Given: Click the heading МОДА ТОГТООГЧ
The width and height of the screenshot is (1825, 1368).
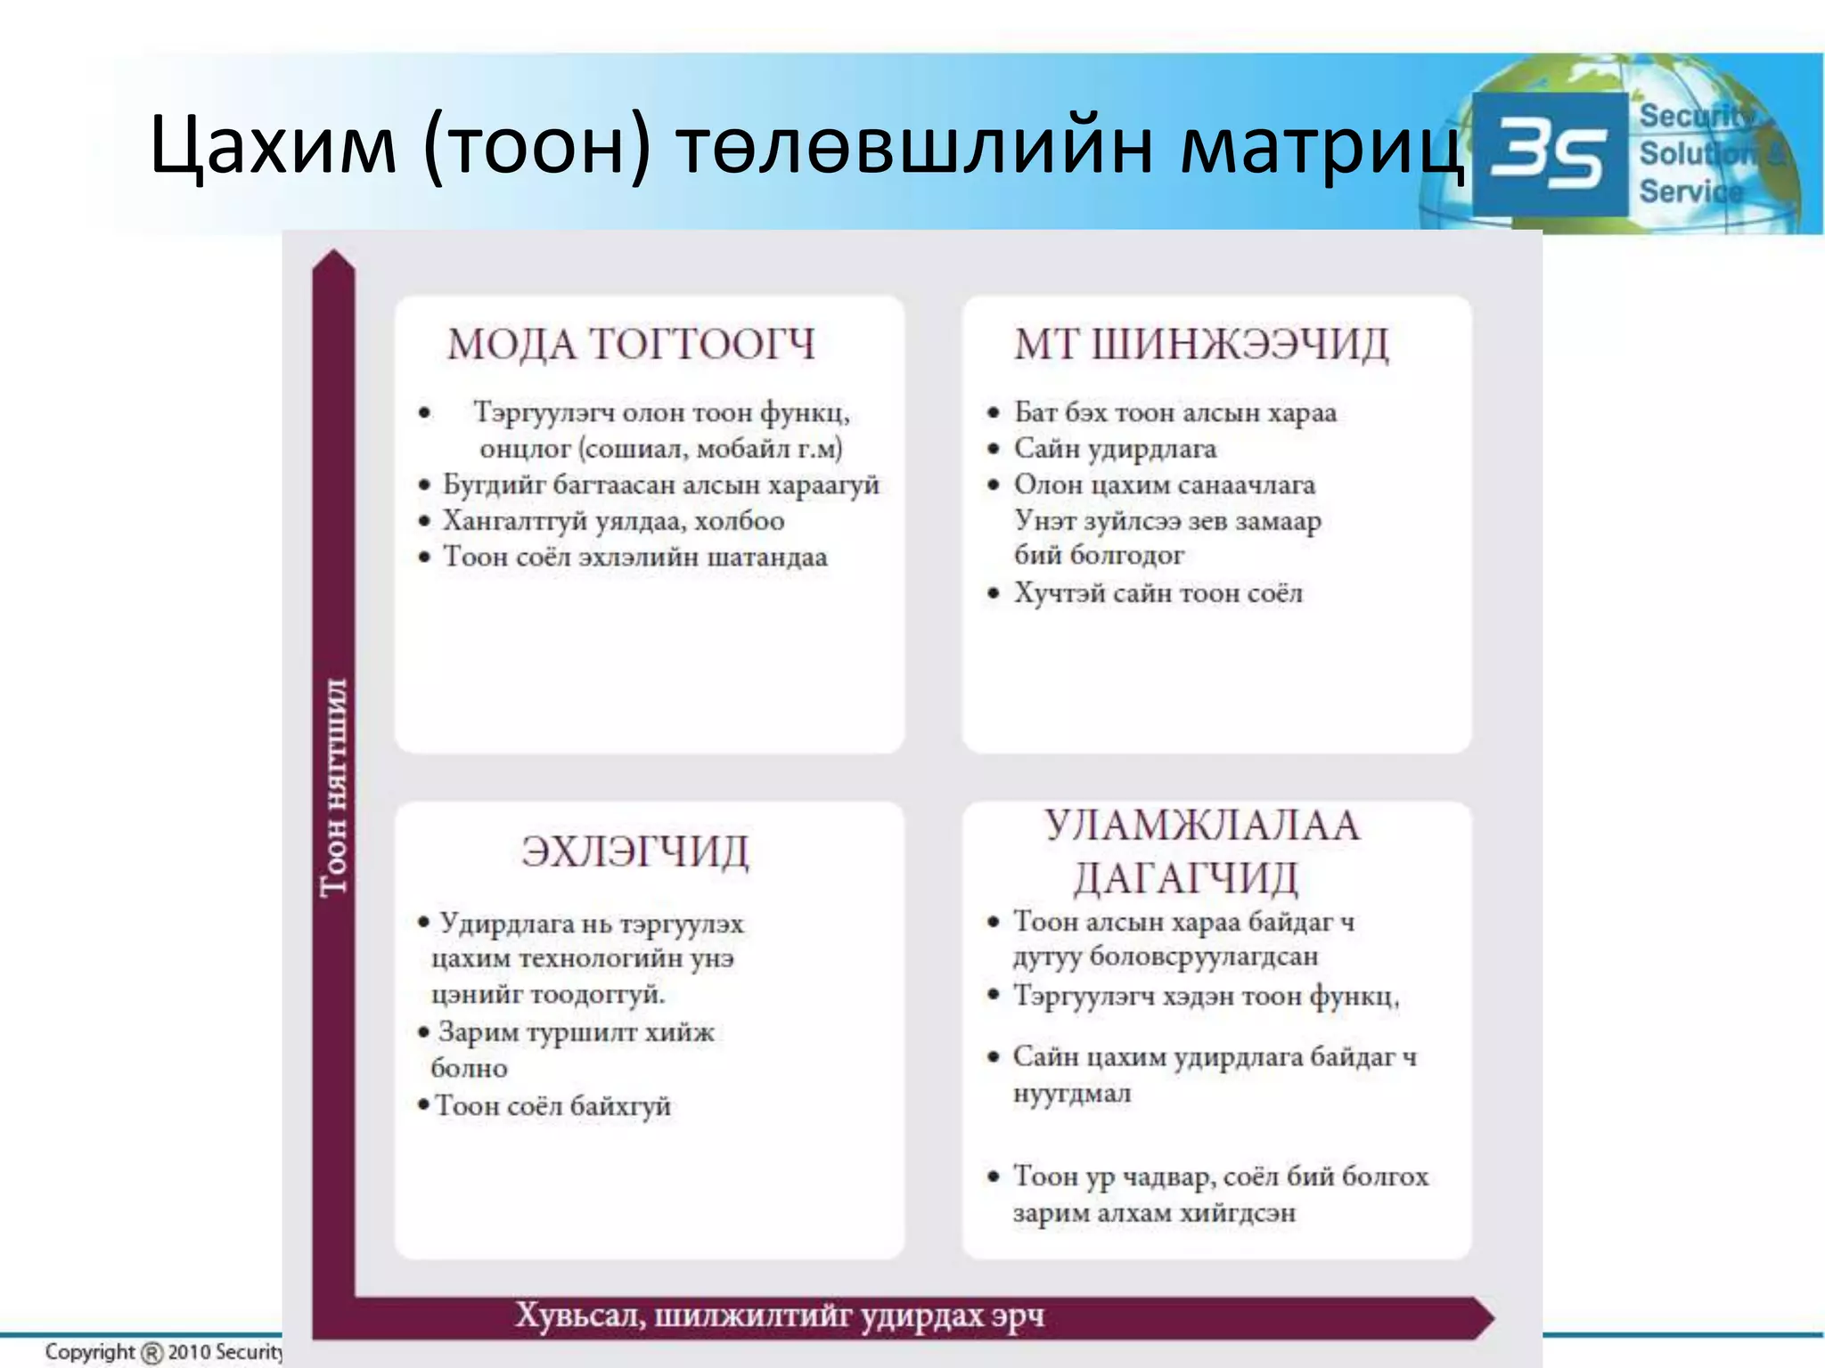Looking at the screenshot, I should (x=631, y=345).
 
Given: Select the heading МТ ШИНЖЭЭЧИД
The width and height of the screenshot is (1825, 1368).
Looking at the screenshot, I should (x=1200, y=345).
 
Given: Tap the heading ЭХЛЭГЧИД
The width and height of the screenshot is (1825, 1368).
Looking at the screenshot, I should (x=634, y=851).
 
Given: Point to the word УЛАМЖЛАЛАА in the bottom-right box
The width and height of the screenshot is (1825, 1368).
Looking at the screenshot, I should (x=1202, y=826).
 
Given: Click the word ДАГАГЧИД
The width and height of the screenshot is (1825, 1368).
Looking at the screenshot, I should (x=1185, y=878).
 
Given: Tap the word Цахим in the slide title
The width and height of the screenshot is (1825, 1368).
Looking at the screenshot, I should (x=273, y=145).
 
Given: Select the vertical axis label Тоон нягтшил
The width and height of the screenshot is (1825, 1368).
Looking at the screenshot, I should (x=334, y=786).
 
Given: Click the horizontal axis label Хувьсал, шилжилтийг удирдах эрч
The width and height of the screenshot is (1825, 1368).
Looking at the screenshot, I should (x=780, y=1315).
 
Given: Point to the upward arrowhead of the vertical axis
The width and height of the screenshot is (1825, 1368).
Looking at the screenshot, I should (x=333, y=261).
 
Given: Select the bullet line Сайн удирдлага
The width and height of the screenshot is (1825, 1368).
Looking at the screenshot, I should (x=1115, y=449).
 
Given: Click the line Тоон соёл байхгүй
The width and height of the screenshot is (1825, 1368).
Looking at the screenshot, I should (x=552, y=1106).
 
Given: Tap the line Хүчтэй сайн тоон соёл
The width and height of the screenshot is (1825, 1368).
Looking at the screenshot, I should (x=1158, y=593).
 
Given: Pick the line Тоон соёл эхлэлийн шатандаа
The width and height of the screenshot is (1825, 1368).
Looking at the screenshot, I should (x=635, y=558).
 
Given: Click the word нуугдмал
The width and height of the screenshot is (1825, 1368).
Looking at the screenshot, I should (x=1072, y=1093).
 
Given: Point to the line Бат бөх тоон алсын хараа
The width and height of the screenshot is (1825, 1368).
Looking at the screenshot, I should (x=1175, y=412).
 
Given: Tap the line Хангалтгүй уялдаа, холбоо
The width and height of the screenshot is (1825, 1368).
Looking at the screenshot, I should (x=614, y=521).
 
